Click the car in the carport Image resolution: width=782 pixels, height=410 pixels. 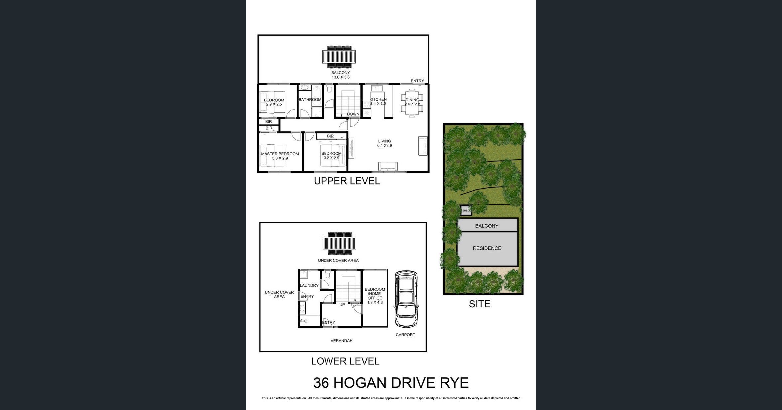[x=406, y=299]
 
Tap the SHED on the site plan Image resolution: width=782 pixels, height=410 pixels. [x=466, y=211]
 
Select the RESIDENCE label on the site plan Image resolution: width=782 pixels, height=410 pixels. [x=487, y=248]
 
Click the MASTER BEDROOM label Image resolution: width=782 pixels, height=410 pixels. [x=280, y=154]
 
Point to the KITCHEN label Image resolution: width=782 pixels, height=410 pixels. [x=378, y=99]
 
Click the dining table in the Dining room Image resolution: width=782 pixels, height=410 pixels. [x=412, y=102]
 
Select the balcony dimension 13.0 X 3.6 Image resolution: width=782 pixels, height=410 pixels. [x=341, y=77]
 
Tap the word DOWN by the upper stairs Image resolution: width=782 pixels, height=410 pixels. [x=353, y=114]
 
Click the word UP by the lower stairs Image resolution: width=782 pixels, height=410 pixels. [x=342, y=305]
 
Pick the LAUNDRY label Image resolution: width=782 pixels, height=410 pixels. [x=309, y=285]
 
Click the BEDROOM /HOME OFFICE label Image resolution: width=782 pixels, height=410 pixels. [x=375, y=294]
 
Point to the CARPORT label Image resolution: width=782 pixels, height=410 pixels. [x=405, y=335]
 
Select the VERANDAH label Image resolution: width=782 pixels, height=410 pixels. [x=341, y=341]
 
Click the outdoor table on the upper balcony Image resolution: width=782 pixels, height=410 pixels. [x=339, y=57]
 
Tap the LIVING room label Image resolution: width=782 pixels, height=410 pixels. [x=384, y=141]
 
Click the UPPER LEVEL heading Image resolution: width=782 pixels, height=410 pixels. [x=347, y=181]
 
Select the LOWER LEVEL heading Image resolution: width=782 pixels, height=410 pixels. [x=345, y=361]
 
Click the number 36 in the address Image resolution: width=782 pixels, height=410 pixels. [x=321, y=383]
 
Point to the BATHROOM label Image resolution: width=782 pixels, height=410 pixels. [x=310, y=100]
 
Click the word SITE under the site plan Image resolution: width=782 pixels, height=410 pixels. [x=479, y=304]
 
